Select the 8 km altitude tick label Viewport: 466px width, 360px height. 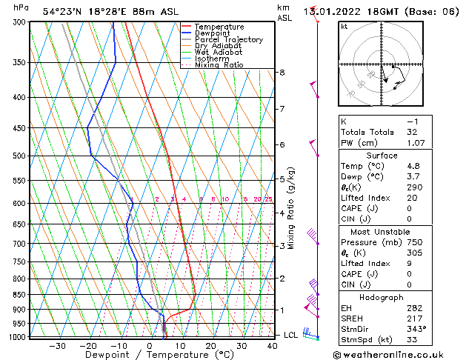(282, 73)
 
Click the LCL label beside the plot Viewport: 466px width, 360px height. (291, 335)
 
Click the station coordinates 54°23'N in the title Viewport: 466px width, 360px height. (63, 11)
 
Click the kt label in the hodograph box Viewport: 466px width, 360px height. (344, 27)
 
